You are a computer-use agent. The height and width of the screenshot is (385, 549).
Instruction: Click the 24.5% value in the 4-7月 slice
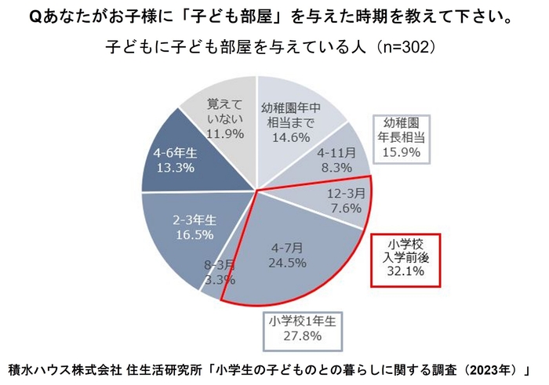click(x=286, y=263)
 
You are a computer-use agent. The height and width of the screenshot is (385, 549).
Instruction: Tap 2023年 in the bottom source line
click(x=496, y=369)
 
